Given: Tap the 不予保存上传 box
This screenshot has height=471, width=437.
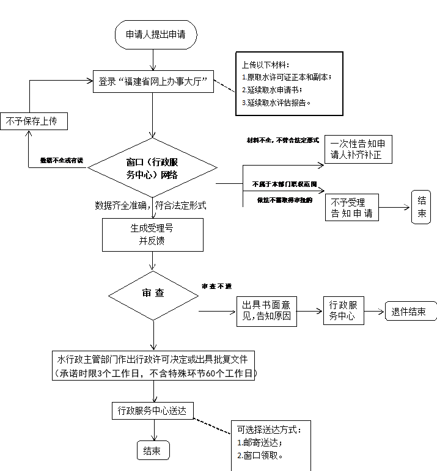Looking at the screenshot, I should click(x=34, y=121).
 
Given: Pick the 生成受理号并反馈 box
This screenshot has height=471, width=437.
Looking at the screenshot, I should click(x=152, y=234).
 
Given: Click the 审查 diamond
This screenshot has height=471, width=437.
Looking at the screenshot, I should click(x=153, y=293).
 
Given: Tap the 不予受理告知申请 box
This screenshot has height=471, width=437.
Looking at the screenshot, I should click(x=351, y=208).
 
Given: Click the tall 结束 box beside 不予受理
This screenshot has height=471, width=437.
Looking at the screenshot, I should click(x=421, y=207).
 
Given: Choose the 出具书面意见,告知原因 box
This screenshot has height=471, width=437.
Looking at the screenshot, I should click(x=266, y=311).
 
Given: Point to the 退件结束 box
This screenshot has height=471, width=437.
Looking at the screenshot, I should click(x=409, y=311).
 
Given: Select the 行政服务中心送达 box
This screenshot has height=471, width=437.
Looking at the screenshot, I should click(x=152, y=411).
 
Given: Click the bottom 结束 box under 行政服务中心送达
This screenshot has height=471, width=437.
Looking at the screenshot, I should click(x=152, y=451).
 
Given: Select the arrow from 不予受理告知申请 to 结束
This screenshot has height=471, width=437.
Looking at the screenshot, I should click(x=395, y=208).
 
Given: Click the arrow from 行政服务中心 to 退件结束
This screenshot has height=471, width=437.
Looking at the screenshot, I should click(x=374, y=311).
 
